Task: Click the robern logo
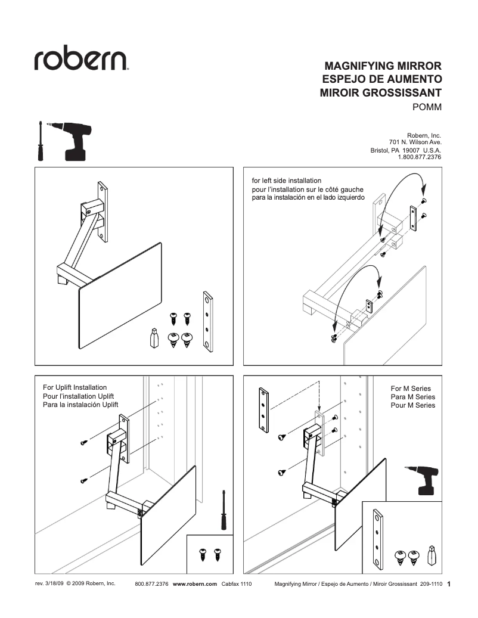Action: [x=82, y=60]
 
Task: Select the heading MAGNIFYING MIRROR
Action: [x=382, y=66]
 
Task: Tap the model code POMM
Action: [x=427, y=107]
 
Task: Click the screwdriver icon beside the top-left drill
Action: [x=41, y=141]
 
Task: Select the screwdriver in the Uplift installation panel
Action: [x=224, y=510]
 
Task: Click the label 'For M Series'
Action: [x=411, y=389]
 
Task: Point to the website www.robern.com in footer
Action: [x=195, y=585]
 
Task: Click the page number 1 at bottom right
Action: [x=449, y=585]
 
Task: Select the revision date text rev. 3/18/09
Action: [x=49, y=584]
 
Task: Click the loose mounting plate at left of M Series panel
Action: [x=263, y=411]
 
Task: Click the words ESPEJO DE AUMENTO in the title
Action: [x=381, y=79]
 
